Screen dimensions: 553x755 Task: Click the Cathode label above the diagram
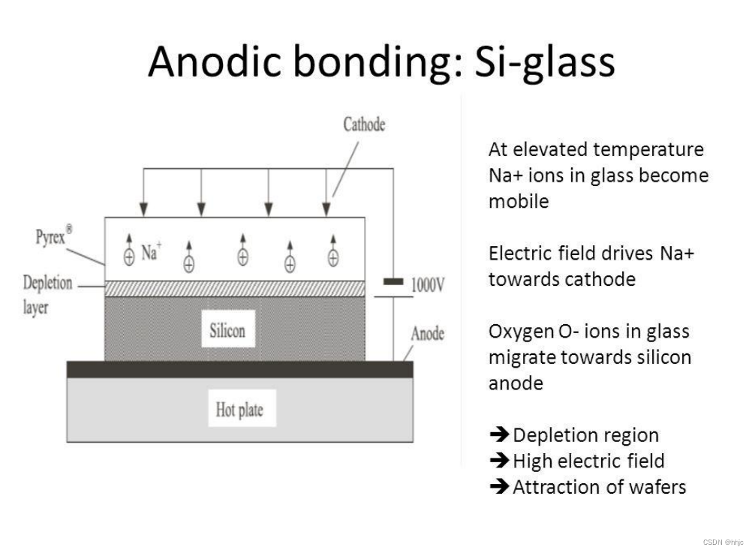(x=364, y=125)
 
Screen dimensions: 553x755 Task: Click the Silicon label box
(x=226, y=331)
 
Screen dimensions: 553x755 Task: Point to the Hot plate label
(x=239, y=410)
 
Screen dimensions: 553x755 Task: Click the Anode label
(x=427, y=333)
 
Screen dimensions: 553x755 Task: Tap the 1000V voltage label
(x=428, y=284)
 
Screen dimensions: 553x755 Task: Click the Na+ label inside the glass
(x=151, y=252)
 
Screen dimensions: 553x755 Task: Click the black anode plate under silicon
(x=239, y=369)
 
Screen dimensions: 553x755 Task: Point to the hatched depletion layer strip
(x=235, y=288)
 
